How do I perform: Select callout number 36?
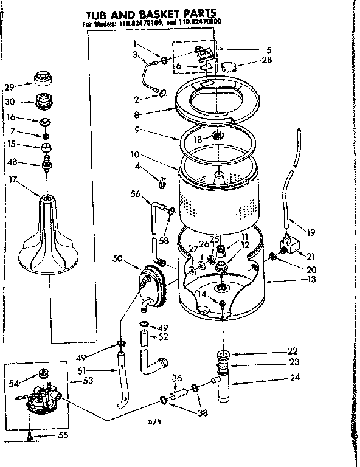click(x=177, y=377)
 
